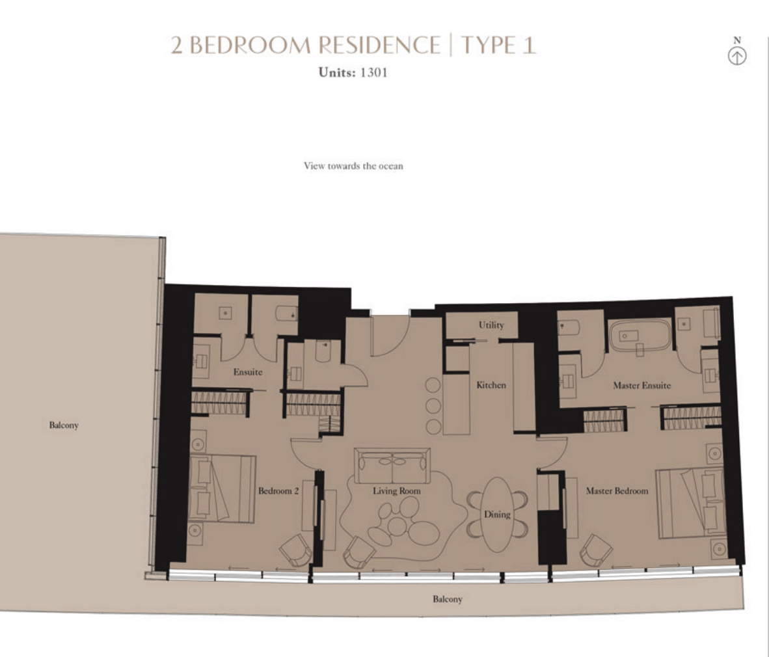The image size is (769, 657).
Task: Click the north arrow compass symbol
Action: [x=736, y=56]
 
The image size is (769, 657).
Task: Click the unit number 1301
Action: [x=373, y=73]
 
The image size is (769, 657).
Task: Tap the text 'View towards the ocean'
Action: [x=353, y=166]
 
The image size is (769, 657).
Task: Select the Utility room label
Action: [x=491, y=325]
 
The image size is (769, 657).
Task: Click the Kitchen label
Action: [x=491, y=385]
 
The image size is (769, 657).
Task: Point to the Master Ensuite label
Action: [x=641, y=385]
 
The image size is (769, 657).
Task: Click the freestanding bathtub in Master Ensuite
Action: [x=640, y=336]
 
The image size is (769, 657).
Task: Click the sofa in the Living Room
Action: [x=392, y=465]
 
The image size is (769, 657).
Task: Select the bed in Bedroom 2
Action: [x=222, y=489]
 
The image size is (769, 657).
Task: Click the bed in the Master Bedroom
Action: [x=691, y=503]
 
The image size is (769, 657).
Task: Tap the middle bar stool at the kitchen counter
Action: [x=433, y=406]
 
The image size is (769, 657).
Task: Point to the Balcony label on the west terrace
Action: [x=64, y=425]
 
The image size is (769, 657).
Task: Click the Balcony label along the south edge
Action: [x=447, y=598]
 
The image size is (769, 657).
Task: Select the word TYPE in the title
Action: [x=489, y=45]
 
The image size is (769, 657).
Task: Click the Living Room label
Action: [x=396, y=490]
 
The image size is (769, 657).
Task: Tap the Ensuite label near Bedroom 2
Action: [x=248, y=371]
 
